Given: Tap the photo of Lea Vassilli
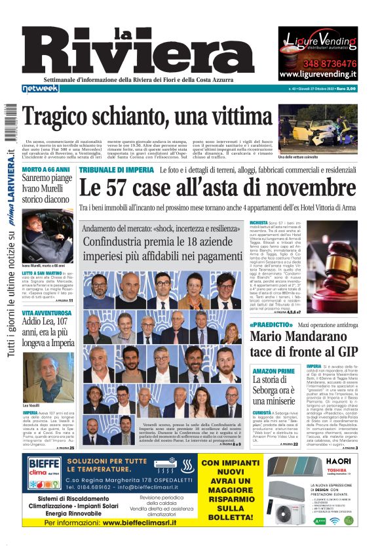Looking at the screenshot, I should click(x=48, y=376).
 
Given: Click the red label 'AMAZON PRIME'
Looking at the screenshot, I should click(x=270, y=372).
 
